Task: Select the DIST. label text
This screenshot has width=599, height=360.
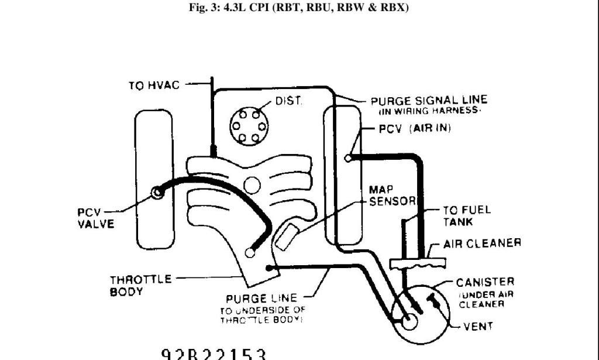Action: click(288, 101)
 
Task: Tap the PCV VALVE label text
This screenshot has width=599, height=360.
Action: click(95, 218)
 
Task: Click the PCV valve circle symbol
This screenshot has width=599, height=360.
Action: click(157, 193)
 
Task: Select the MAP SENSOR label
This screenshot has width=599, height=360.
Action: click(391, 196)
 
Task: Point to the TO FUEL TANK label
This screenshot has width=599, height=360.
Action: click(458, 215)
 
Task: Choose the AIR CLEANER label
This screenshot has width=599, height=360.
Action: click(481, 243)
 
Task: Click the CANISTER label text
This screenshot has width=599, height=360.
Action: click(485, 283)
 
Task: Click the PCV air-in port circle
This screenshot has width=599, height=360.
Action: click(349, 157)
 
